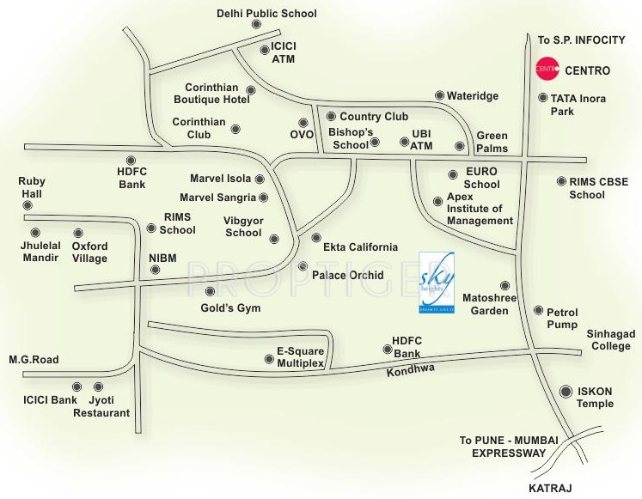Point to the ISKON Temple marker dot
tap(566, 391)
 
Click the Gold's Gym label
tap(230, 308)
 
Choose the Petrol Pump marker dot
tap(539, 311)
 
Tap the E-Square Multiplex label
tap(299, 358)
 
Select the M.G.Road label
tap(34, 360)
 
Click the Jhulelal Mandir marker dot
tap(35, 232)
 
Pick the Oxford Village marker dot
tap(77, 232)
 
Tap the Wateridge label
tap(473, 96)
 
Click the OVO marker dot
tap(303, 122)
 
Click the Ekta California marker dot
tap(315, 237)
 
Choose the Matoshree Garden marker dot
tap(504, 285)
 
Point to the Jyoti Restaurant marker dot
tap(98, 386)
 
